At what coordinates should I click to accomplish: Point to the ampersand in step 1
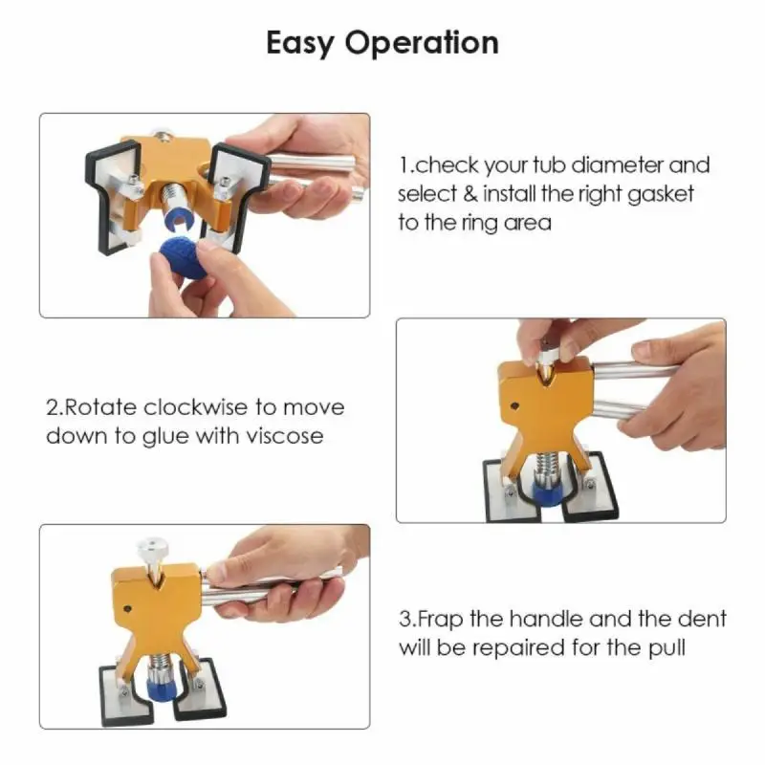tap(470, 193)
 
